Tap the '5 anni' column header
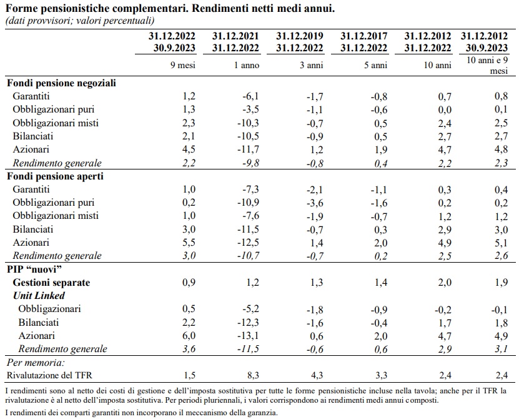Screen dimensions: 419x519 point(372,65)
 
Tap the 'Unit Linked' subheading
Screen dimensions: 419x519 point(39,295)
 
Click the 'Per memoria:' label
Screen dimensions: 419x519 point(35,363)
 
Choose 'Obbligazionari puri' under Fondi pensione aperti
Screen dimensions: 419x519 point(54,203)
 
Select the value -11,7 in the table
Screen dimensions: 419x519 point(248,149)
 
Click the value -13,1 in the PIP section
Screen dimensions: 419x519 point(248,336)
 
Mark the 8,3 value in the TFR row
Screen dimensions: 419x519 point(252,375)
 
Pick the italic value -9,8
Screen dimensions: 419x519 point(249,163)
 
